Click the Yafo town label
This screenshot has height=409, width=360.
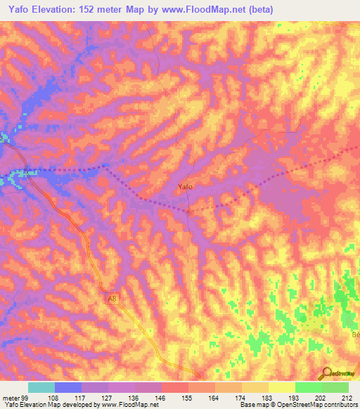[185, 187]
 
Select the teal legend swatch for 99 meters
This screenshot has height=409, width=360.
[41, 387]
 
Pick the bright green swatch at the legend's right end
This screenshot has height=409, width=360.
[335, 387]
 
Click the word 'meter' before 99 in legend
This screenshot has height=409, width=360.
[11, 397]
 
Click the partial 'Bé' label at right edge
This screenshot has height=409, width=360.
[354, 335]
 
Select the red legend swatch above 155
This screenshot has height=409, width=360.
[175, 387]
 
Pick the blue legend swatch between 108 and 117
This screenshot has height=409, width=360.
[68, 387]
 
